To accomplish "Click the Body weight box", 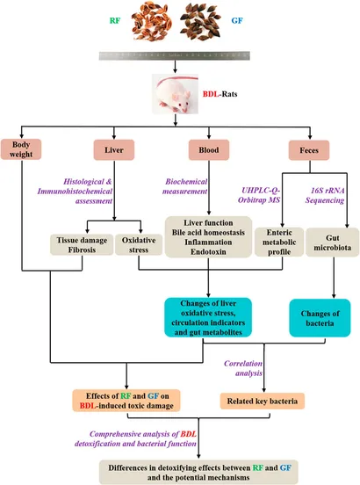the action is pos(21,149).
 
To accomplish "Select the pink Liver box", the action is pos(114,149).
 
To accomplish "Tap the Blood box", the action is pos(209,149).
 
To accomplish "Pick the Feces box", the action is pos(309,150).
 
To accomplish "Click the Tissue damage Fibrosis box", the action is pos(82,244).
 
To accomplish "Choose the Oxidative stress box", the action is pos(139,244).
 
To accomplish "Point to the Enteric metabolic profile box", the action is pos(279,242).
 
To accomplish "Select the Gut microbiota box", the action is pos(333,242).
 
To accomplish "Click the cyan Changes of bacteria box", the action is pos(320,318).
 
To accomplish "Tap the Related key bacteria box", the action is pos(263,401).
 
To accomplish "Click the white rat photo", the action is pos(175,94).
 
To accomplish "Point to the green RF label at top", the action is pos(115,21).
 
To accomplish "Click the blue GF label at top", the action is pos(237,21).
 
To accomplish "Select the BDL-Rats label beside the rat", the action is pos(220,94).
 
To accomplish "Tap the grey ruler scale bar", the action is pos(175,55).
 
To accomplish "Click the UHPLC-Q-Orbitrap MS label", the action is pos(259,195).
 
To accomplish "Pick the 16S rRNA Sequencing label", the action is pos(325,195).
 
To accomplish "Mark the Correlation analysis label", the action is pos(243,368).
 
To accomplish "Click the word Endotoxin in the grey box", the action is pos(208,252).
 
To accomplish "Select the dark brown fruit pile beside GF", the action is pos(200,21).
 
